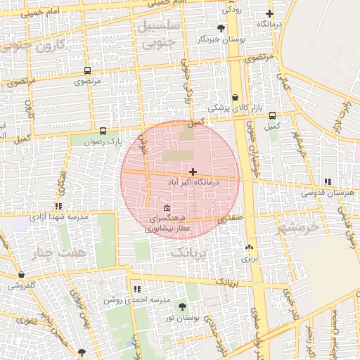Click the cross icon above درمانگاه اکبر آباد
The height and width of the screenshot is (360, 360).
193,172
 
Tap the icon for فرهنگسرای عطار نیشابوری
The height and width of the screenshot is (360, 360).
167,208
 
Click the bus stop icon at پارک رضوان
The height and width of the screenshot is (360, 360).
103,131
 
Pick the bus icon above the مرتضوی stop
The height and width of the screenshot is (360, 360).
87,70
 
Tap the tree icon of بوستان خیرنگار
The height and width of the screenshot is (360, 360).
221,28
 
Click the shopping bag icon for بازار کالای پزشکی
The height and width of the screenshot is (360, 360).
235,98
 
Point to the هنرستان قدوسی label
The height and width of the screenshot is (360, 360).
326,192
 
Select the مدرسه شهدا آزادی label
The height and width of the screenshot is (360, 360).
59,217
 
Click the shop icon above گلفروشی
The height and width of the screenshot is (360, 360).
22,275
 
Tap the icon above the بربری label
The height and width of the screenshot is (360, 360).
250,247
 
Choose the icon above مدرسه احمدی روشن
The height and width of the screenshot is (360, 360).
136,289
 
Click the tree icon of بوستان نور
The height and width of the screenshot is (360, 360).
182,307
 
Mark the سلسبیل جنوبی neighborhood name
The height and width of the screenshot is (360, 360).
162,34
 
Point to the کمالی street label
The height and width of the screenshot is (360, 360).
285,83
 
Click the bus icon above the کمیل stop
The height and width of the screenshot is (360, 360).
272,115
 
